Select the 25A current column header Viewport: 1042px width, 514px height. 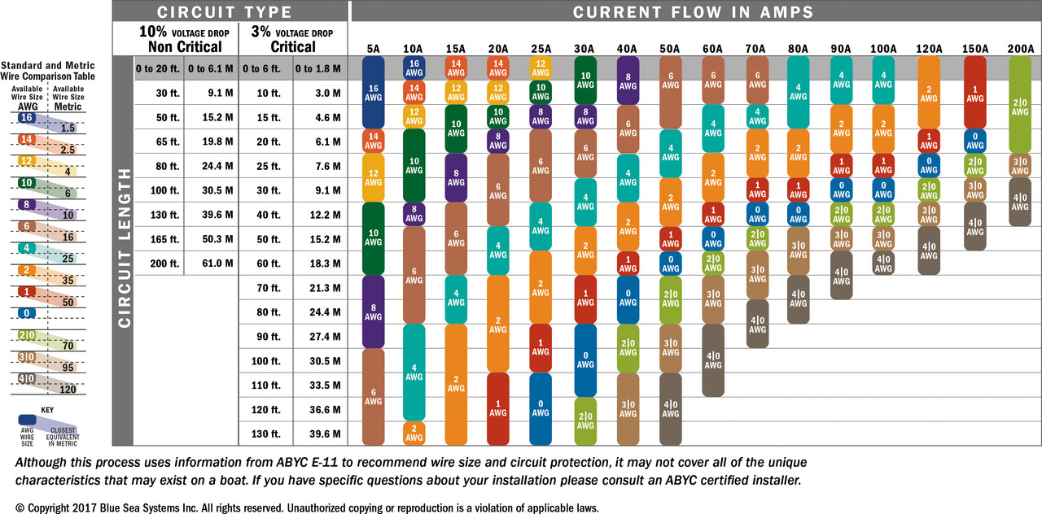(x=541, y=49)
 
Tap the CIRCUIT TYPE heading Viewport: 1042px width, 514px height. (x=224, y=11)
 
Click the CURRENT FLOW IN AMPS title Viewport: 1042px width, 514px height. (x=693, y=11)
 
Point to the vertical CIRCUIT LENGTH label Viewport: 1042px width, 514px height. (x=124, y=247)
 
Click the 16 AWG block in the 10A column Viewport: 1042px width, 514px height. (x=415, y=68)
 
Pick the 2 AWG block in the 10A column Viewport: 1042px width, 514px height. (x=415, y=433)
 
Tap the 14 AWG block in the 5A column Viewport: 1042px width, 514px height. (x=373, y=141)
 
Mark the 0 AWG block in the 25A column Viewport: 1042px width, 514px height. (x=541, y=408)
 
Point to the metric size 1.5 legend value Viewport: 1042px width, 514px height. (x=68, y=128)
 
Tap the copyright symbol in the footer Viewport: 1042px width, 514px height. (x=20, y=507)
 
